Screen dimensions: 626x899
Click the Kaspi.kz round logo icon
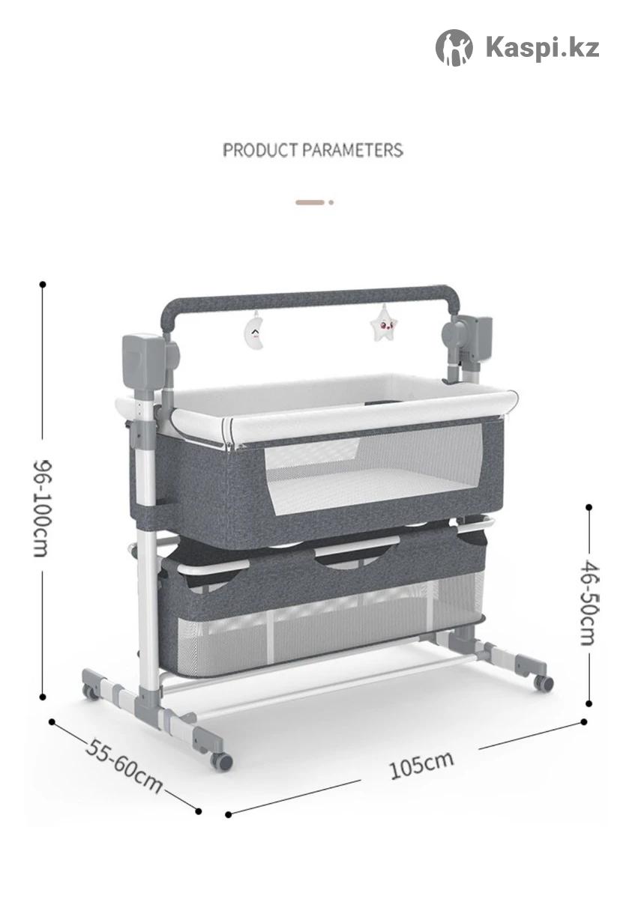tap(454, 47)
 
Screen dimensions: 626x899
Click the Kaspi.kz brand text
tap(542, 48)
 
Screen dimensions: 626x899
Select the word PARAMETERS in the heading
tap(352, 150)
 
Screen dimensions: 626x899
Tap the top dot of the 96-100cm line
tap(43, 285)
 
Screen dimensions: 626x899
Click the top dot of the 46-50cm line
tap(589, 507)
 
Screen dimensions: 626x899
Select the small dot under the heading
tap(331, 202)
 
